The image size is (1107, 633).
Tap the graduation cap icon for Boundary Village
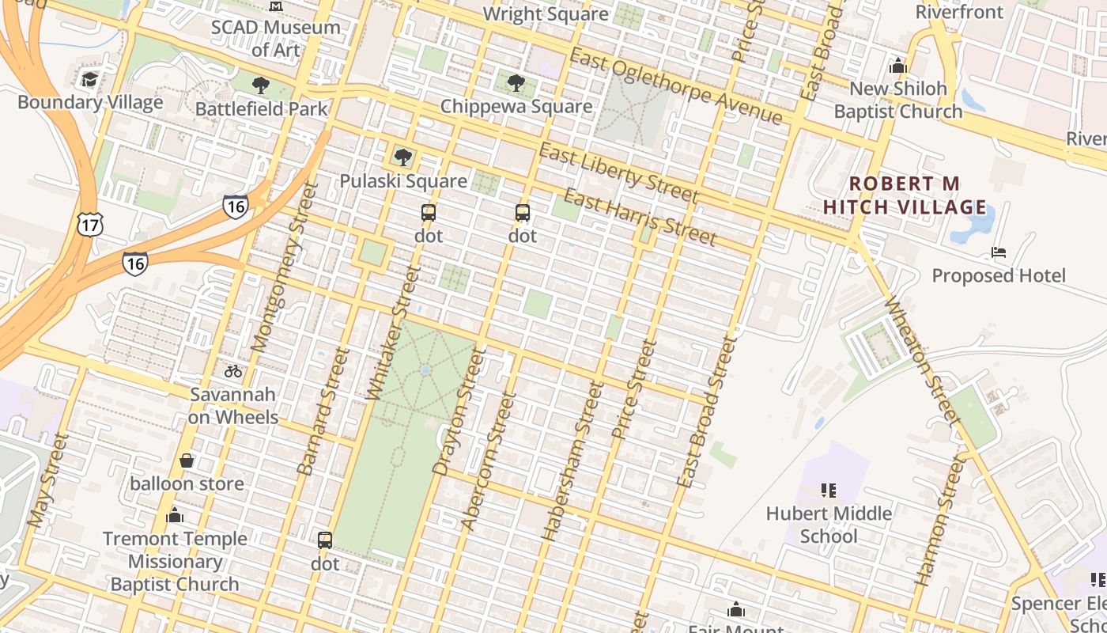coord(89,80)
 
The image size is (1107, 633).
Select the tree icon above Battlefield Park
coord(260,85)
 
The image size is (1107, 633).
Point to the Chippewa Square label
coord(516,106)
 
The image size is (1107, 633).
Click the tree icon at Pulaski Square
coord(403,157)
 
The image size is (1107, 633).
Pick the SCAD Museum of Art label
coord(275,38)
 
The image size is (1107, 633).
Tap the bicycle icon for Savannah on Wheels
coord(233,370)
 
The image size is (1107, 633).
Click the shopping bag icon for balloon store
coord(187,461)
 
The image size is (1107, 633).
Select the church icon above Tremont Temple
coord(175,516)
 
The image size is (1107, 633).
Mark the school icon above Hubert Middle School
coord(828,491)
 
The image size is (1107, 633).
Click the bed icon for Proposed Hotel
coord(999,252)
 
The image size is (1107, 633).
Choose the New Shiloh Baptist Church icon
coord(897,66)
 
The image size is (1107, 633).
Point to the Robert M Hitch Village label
coord(905,195)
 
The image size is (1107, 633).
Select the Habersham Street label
coord(568,461)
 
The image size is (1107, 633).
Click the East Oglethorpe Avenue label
coord(675,86)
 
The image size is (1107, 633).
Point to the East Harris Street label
coord(640,217)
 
